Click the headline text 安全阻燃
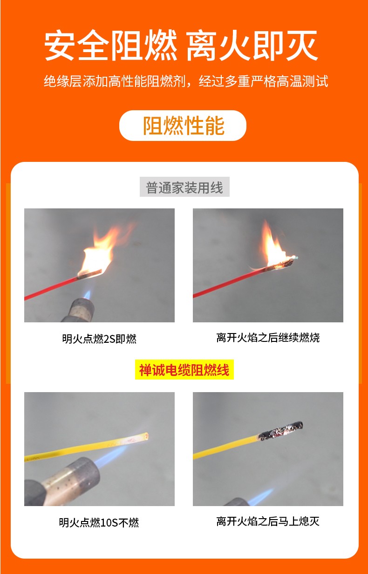[x=111, y=47]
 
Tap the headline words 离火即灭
[x=252, y=47]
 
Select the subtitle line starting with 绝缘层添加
[x=186, y=81]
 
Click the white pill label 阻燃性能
[x=183, y=126]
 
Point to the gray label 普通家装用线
[x=184, y=187]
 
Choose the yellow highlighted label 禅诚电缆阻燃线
[x=184, y=370]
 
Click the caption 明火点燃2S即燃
[x=99, y=339]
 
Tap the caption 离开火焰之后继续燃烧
[x=268, y=338]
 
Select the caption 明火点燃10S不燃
[x=99, y=522]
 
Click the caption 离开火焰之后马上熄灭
[x=268, y=521]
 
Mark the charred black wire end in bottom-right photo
[x=279, y=430]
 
